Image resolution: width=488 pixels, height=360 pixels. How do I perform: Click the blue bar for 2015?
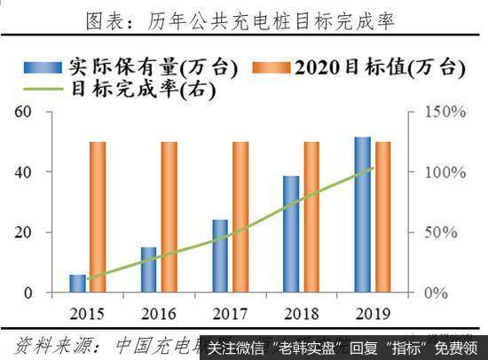78,283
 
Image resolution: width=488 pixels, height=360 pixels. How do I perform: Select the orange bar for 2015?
98,216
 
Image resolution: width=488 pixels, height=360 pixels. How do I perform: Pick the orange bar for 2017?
240,216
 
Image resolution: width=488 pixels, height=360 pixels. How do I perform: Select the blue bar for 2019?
363,215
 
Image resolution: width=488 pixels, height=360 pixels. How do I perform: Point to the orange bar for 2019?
383,216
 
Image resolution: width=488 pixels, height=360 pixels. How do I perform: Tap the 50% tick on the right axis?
441,232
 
